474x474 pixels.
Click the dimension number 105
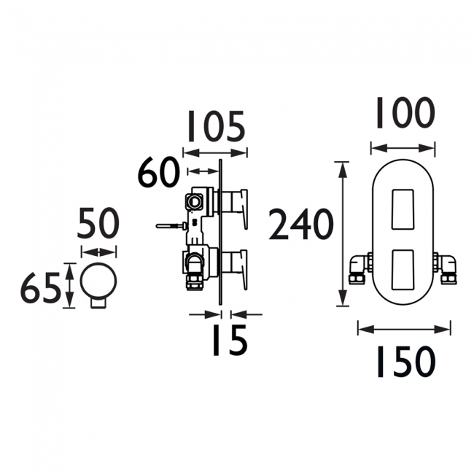click(214, 127)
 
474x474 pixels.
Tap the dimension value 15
click(230, 340)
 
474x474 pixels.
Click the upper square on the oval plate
click(403, 210)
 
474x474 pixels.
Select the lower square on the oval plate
click(403, 269)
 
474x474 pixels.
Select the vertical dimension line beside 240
click(342, 234)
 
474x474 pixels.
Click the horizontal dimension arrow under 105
click(214, 152)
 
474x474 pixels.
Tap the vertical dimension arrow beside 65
click(69, 286)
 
